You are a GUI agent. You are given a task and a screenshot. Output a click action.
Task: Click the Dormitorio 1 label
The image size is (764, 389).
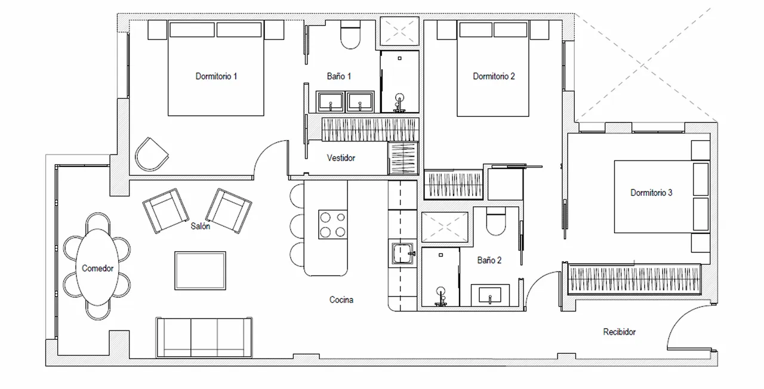tap(216, 76)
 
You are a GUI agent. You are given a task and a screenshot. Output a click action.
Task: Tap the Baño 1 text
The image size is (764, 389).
tap(338, 76)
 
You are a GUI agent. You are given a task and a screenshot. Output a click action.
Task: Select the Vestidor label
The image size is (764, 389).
tap(341, 158)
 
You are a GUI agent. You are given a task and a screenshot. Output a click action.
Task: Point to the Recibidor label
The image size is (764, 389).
tap(619, 332)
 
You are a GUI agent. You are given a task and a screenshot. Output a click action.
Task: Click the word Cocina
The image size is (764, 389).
tap(341, 300)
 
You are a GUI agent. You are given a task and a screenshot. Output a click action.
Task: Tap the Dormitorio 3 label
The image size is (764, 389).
tap(651, 193)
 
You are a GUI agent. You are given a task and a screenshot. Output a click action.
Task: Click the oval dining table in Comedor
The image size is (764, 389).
tap(97, 267)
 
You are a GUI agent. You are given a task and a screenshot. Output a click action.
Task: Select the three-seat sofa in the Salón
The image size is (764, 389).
tap(204, 337)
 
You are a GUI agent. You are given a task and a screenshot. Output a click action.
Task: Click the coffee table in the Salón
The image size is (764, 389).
tap(200, 271)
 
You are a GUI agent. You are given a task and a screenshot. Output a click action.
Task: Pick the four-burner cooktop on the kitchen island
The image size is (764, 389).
tap(333, 224)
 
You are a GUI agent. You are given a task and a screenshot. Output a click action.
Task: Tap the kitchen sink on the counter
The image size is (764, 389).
tap(403, 254)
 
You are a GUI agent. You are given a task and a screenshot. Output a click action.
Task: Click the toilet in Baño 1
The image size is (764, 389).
tap(350, 35)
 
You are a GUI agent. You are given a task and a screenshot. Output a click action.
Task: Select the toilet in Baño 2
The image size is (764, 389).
tap(495, 221)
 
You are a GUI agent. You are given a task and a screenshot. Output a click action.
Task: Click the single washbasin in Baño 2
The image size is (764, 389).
tap(490, 295)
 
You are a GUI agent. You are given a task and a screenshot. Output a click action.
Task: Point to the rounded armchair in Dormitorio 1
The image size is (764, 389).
tap(152, 154)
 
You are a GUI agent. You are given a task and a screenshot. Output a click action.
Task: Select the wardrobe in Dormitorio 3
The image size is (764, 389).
tap(634, 279)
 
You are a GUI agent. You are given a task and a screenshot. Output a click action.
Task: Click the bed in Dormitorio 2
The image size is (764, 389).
tap(493, 69)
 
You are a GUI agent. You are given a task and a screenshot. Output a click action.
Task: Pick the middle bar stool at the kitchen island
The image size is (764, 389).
tap(297, 226)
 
